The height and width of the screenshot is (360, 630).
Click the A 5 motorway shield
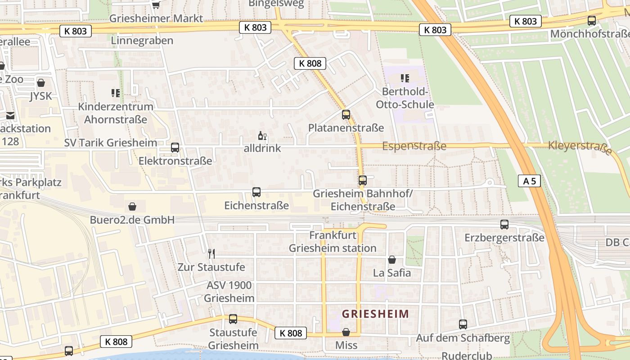point(529,181)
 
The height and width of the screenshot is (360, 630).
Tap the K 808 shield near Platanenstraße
point(310,63)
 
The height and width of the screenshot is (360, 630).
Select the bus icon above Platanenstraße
point(346,114)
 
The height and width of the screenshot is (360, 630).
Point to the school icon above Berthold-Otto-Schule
point(405,78)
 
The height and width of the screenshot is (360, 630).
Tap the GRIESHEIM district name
point(376,314)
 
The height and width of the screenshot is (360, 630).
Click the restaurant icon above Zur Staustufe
point(211,254)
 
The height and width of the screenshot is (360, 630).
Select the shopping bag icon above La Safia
point(392,260)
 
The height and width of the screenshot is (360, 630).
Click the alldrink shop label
point(262,148)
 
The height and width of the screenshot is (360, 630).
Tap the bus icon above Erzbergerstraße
point(504,224)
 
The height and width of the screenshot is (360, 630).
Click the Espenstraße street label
point(414,146)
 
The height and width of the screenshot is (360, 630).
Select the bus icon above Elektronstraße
point(175,147)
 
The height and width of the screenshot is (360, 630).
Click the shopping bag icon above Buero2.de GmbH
point(132,207)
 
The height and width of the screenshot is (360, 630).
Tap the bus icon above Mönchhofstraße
point(591,21)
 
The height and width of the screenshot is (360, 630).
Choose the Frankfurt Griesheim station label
point(333,242)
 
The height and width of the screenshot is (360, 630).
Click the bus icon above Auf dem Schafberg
point(463,324)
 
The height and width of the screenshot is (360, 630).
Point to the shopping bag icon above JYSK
point(41,83)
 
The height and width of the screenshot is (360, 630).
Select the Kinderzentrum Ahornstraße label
point(116,113)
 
